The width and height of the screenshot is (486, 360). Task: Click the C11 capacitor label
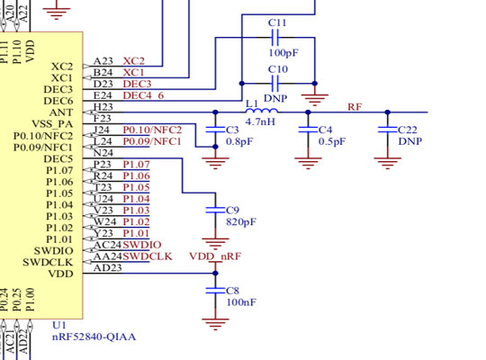click(x=278, y=22)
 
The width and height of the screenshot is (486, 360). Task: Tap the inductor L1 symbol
click(x=260, y=111)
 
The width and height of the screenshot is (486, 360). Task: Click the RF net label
click(x=355, y=106)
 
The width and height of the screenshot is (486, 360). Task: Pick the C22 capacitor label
click(x=408, y=130)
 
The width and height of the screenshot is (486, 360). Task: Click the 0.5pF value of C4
click(x=331, y=141)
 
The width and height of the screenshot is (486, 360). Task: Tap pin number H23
click(x=103, y=107)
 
